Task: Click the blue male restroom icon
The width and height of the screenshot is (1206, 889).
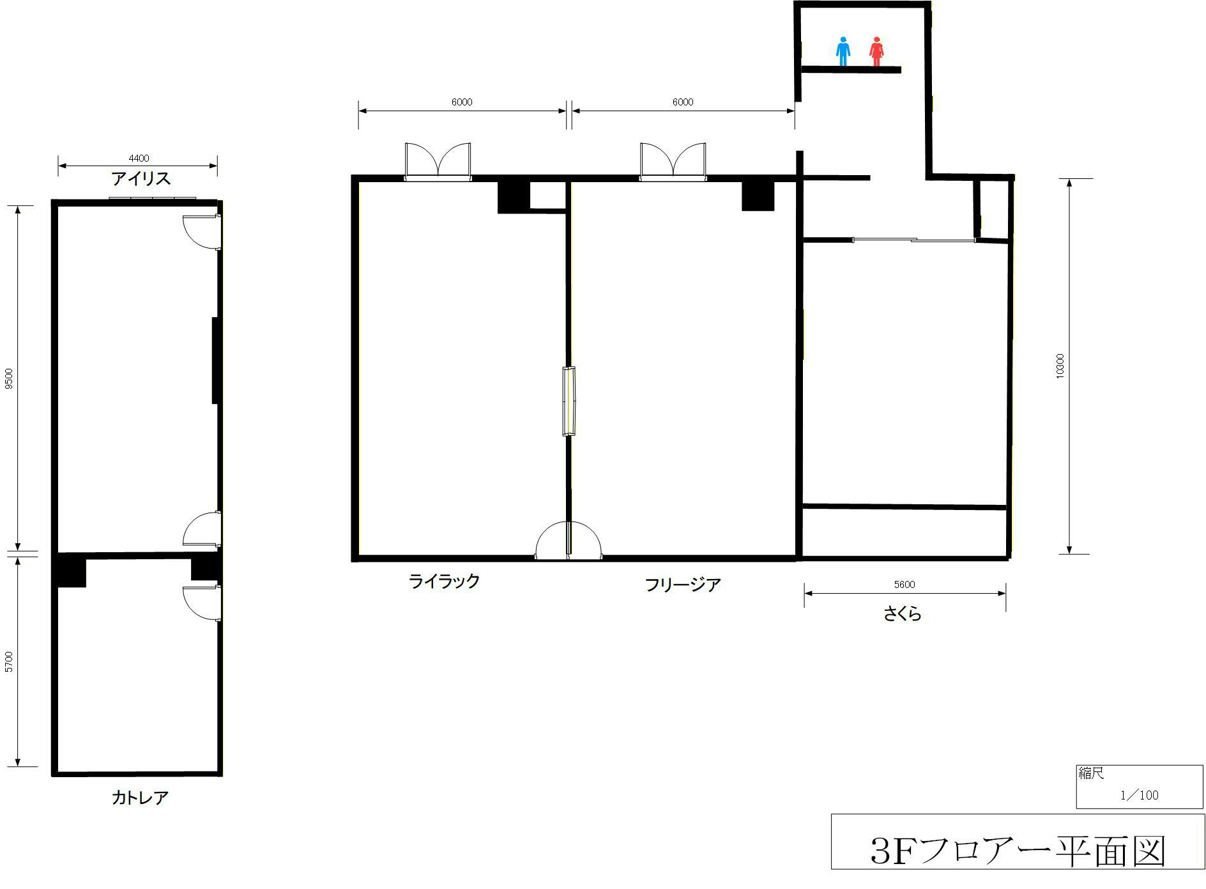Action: (x=843, y=51)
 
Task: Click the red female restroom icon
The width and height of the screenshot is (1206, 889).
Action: (x=876, y=51)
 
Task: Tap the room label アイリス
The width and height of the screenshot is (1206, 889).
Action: (x=141, y=178)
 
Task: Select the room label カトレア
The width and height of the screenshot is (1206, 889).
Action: (x=140, y=798)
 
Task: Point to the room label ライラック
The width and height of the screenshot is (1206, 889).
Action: (x=444, y=581)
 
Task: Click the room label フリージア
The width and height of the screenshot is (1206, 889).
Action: (x=682, y=584)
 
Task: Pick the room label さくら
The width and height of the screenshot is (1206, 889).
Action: (x=902, y=614)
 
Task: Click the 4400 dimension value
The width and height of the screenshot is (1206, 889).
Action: (x=139, y=158)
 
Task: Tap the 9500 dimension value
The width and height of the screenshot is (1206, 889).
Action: (x=9, y=378)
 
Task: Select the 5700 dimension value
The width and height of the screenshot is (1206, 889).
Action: (x=9, y=661)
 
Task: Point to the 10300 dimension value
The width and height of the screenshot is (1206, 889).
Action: (x=1060, y=366)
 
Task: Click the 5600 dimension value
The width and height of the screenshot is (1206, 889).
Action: (x=904, y=584)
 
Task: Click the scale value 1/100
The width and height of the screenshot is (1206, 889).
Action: (x=1139, y=795)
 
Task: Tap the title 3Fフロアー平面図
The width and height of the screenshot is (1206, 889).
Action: (x=1018, y=851)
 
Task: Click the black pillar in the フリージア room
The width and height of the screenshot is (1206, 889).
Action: (x=758, y=196)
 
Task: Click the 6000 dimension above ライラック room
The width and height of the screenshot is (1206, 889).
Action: (x=461, y=102)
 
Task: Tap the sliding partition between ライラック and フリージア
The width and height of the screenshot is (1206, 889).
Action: (x=569, y=401)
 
